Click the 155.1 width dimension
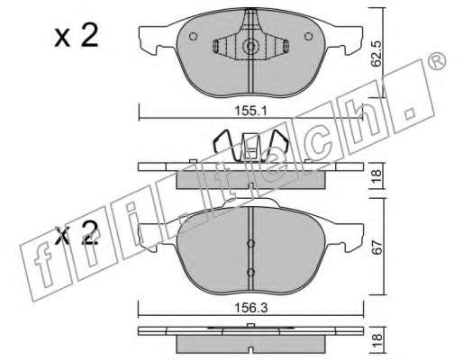click(x=250, y=112)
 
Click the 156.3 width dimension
click(x=250, y=308)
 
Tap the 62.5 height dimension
click(x=376, y=54)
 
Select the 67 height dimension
click(x=377, y=247)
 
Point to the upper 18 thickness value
click(x=377, y=175)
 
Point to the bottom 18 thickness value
click(x=378, y=341)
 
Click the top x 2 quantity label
click(x=77, y=36)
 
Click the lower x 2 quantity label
click(x=77, y=232)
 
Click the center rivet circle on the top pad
click(x=250, y=47)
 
